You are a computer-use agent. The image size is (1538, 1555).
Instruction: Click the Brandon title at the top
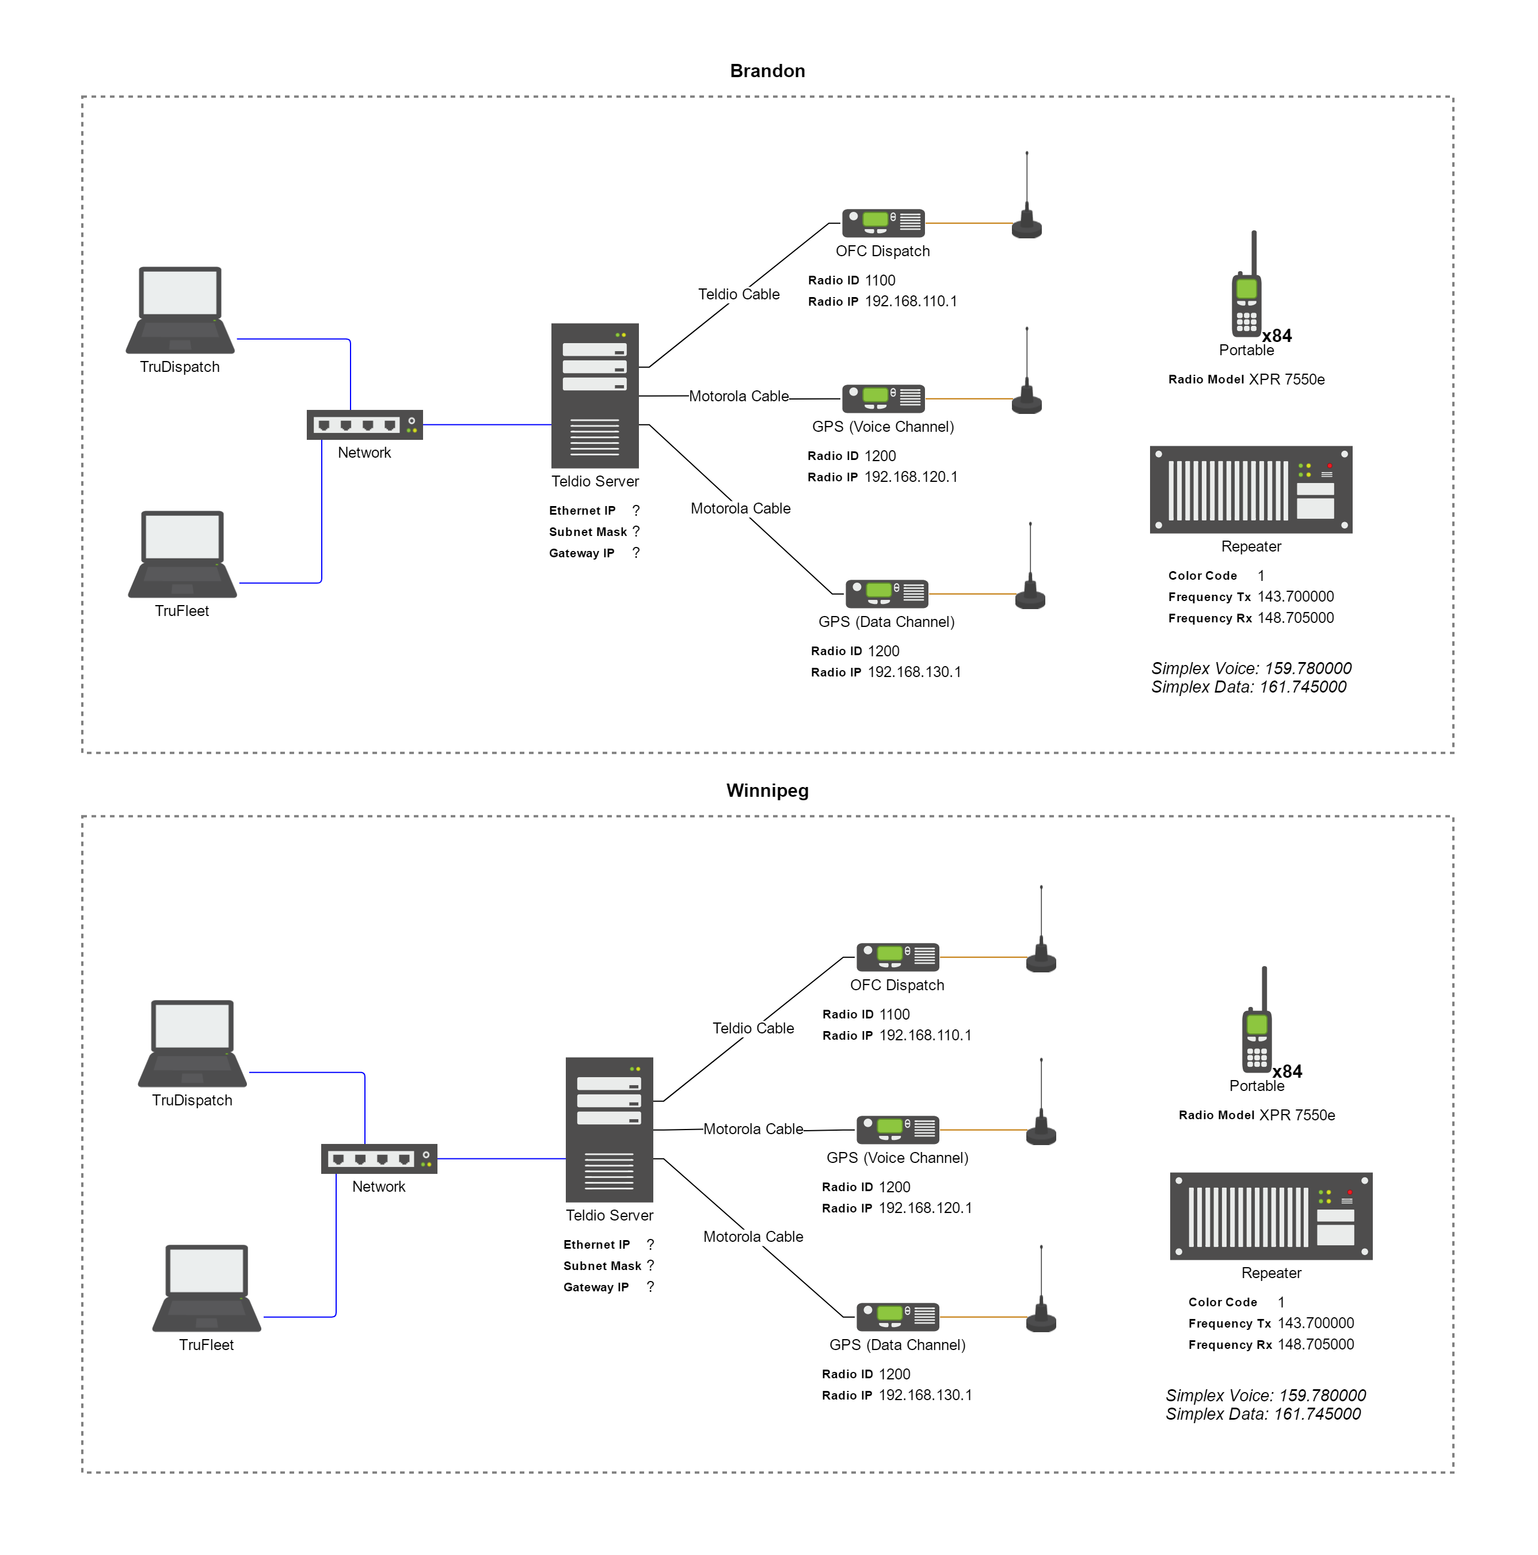pyautogui.click(x=767, y=71)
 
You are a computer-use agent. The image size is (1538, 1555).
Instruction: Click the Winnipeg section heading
pyautogui.click(x=767, y=790)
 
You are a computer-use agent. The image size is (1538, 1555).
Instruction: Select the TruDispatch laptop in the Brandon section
pyautogui.click(x=180, y=311)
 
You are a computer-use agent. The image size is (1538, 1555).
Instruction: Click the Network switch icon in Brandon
pyautogui.click(x=364, y=425)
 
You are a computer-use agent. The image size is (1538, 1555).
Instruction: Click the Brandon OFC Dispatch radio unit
pyautogui.click(x=883, y=222)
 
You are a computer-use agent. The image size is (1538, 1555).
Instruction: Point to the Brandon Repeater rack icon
pyautogui.click(x=1251, y=489)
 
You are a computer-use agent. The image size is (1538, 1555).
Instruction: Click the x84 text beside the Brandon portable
pyautogui.click(x=1277, y=336)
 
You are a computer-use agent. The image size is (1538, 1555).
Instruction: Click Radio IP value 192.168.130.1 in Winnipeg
pyautogui.click(x=925, y=1396)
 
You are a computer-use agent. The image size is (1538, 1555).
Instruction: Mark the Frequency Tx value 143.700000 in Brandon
pyautogui.click(x=1295, y=597)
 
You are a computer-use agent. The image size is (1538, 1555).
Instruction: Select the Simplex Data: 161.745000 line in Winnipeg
pyautogui.click(x=1263, y=1414)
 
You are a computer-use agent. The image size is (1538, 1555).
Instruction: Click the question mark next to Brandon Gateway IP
pyautogui.click(x=636, y=553)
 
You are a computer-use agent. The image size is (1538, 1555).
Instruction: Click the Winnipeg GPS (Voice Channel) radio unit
pyautogui.click(x=897, y=1129)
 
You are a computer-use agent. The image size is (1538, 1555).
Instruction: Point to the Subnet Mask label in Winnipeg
pyautogui.click(x=602, y=1266)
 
